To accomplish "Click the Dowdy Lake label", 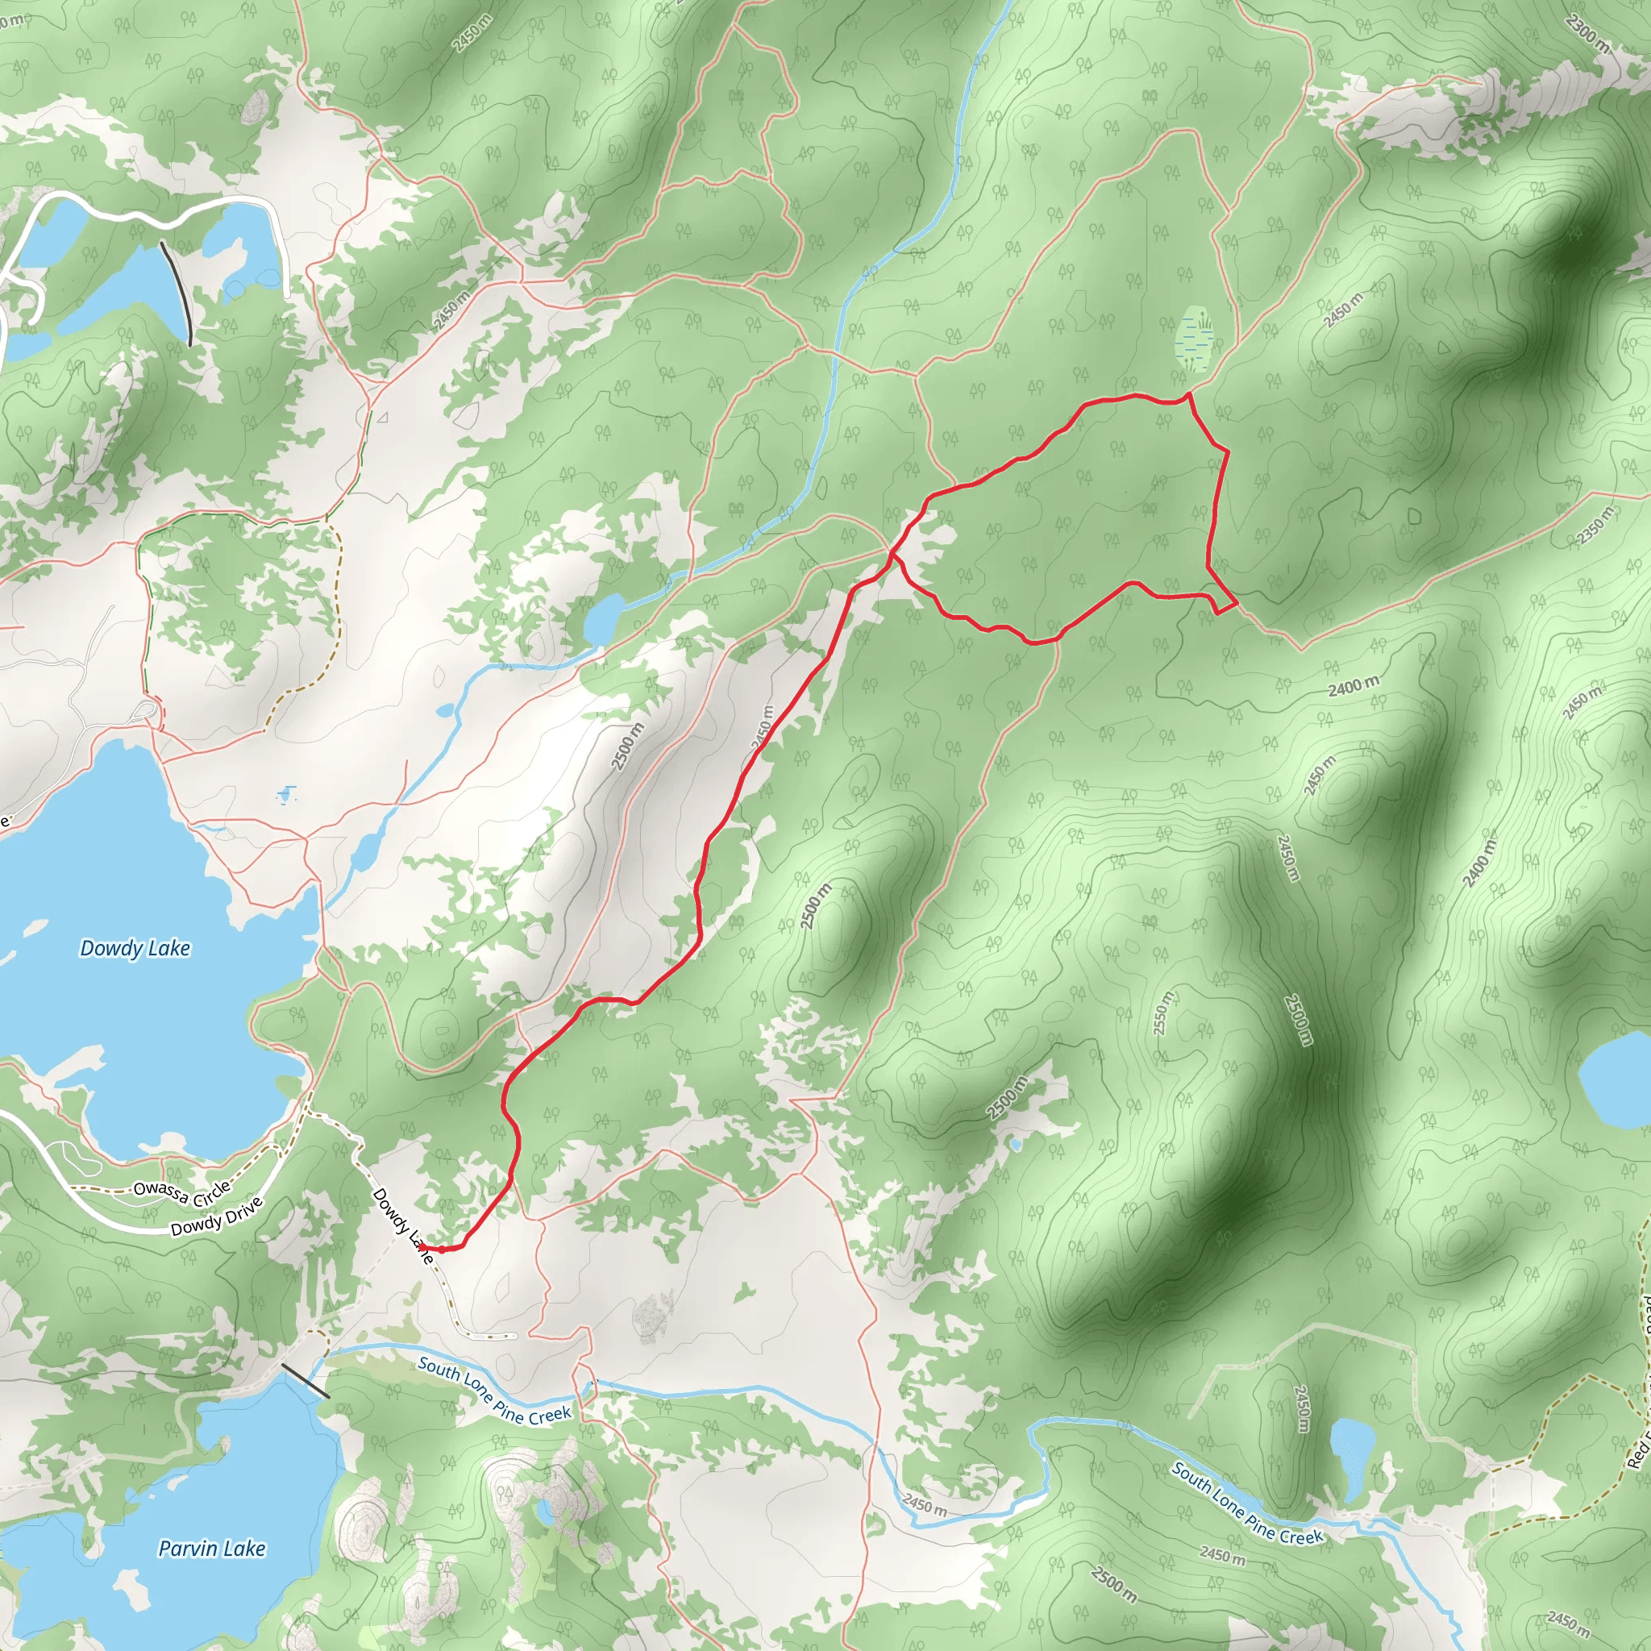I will [135, 948].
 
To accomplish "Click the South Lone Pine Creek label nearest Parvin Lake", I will [493, 1391].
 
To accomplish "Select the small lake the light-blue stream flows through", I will [605, 618].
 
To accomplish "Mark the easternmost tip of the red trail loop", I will [1237, 604].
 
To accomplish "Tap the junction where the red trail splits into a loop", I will [892, 555].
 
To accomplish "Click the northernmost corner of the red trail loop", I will [1189, 394].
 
